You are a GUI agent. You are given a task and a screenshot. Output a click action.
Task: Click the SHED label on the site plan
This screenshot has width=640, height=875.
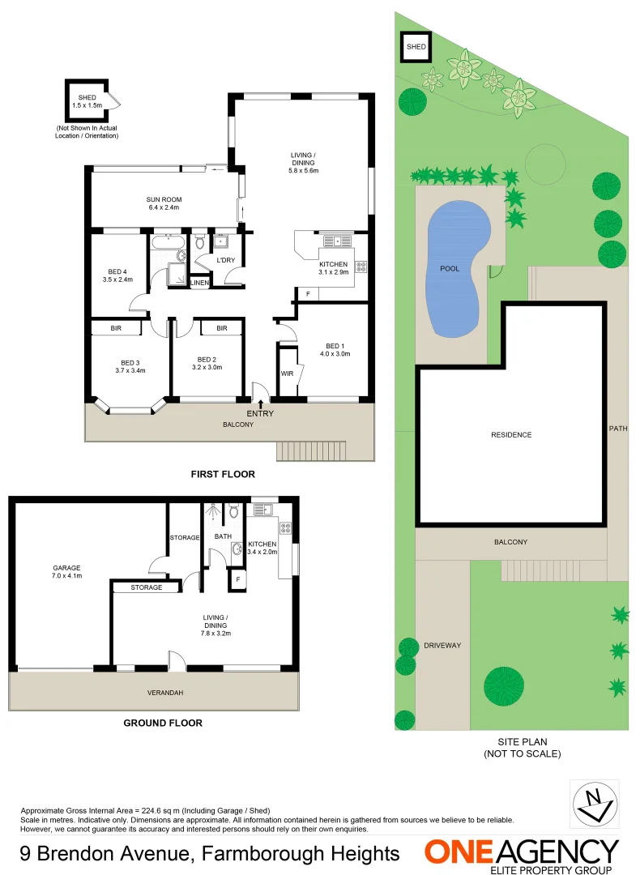416,48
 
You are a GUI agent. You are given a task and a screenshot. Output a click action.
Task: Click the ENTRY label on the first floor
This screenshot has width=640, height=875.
261,414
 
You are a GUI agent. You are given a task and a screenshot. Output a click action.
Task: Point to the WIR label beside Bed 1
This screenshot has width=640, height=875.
286,374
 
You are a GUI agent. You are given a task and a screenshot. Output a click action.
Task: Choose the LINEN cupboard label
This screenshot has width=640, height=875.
200,282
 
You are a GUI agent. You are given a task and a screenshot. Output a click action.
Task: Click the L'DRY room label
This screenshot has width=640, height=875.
226,260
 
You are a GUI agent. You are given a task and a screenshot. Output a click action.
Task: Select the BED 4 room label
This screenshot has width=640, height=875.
117,271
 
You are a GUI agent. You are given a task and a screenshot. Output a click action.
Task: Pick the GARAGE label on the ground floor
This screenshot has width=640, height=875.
67,568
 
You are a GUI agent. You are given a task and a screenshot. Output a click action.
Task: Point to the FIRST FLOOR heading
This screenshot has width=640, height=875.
223,474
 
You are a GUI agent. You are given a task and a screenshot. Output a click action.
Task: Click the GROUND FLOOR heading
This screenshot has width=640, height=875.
163,723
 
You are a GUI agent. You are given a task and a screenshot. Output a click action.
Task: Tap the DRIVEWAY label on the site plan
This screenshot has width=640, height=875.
442,645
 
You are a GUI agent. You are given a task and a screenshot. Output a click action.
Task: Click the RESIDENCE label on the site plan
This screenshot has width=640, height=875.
511,435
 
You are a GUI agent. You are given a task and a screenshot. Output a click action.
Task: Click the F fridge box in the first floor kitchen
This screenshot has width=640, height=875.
307,293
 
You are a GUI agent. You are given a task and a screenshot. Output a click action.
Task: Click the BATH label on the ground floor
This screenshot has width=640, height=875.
223,536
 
